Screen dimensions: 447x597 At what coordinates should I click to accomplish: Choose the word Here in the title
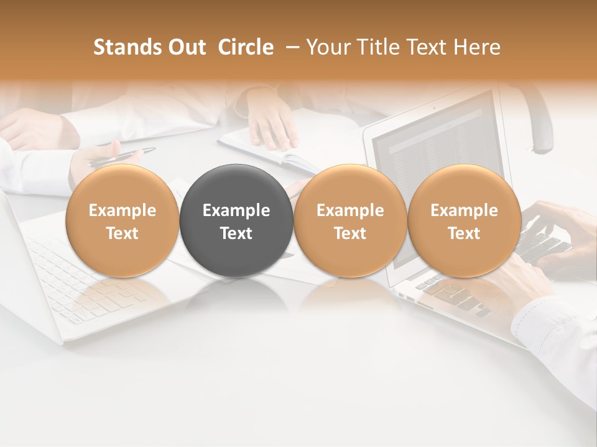pyautogui.click(x=477, y=48)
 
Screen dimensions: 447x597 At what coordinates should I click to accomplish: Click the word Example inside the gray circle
pyautogui.click(x=236, y=210)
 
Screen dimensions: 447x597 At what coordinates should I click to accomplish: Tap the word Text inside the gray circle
pyautogui.click(x=236, y=233)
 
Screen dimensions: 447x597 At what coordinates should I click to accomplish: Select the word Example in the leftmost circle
pyautogui.click(x=122, y=210)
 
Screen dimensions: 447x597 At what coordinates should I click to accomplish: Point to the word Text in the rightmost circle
pyautogui.click(x=464, y=233)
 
